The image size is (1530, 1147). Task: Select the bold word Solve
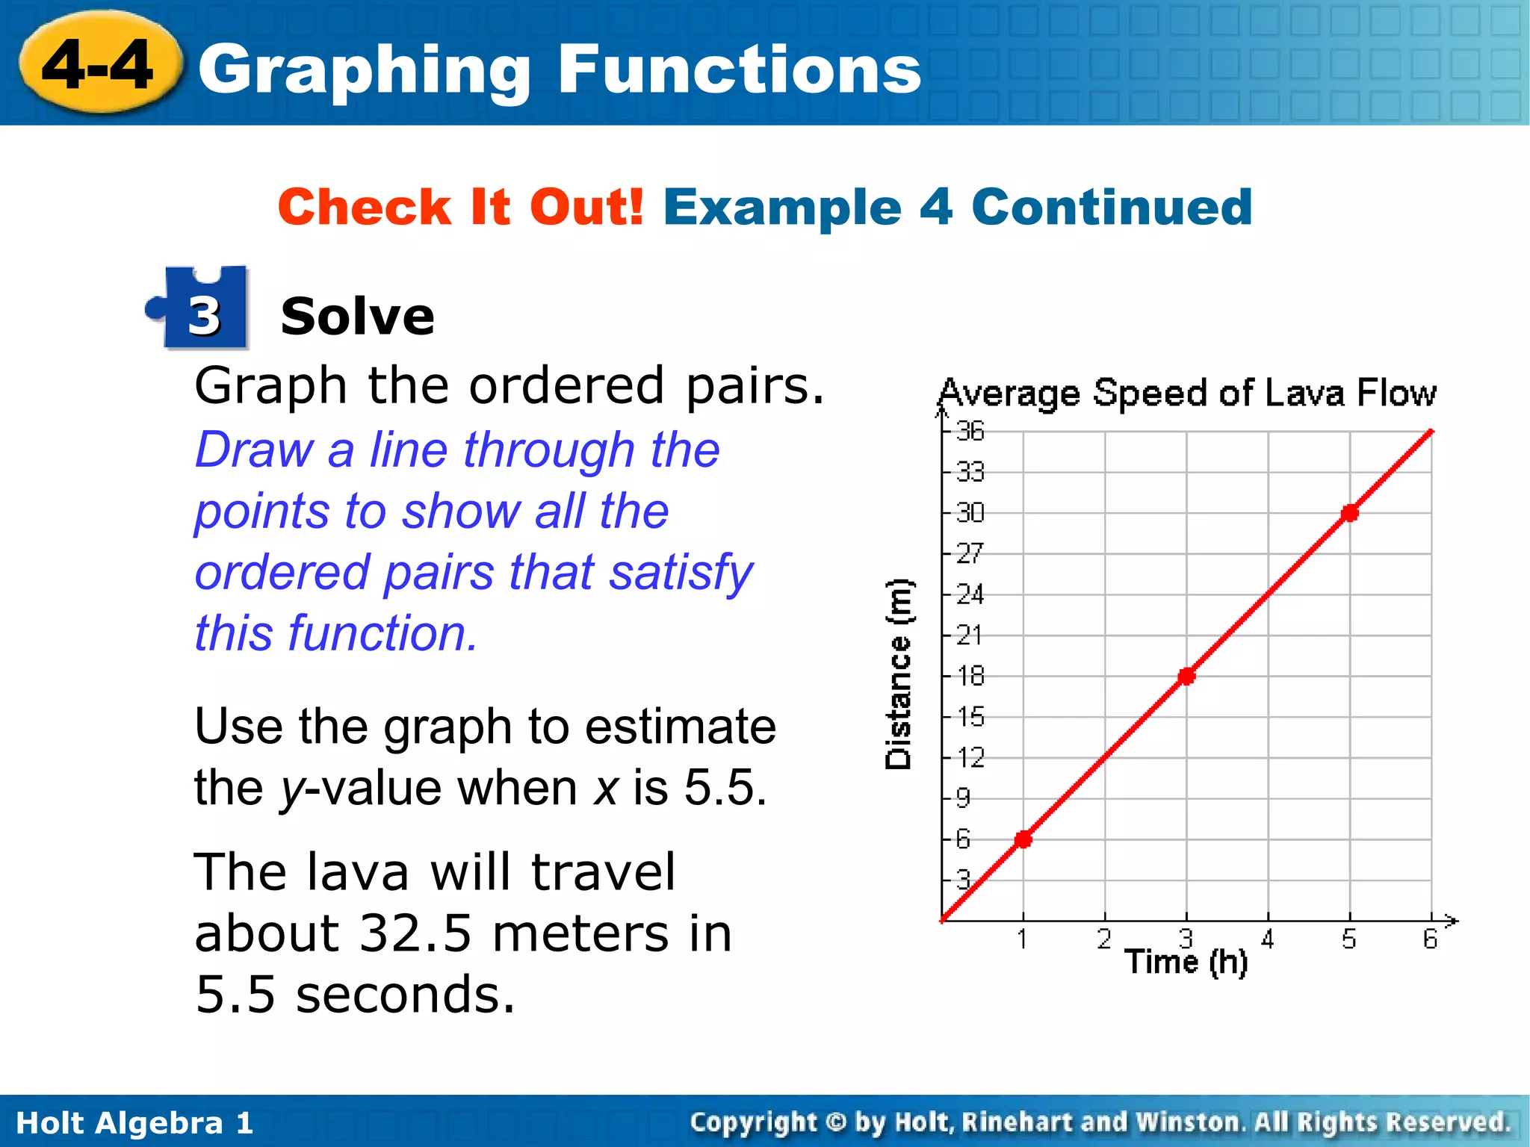pyautogui.click(x=357, y=317)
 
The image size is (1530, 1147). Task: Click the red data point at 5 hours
pyautogui.click(x=1349, y=513)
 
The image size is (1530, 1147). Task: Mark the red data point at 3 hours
pyautogui.click(x=1186, y=677)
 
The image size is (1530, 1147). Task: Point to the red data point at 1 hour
pyautogui.click(x=1023, y=839)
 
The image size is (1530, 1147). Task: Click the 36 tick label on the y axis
pyautogui.click(x=970, y=431)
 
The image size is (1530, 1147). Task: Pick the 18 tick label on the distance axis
pyautogui.click(x=970, y=676)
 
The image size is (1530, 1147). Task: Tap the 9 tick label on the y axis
pyautogui.click(x=964, y=798)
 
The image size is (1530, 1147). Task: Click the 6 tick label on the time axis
pyautogui.click(x=1430, y=939)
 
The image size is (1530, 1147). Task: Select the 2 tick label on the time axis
pyautogui.click(x=1104, y=939)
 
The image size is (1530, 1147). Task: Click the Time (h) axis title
pyautogui.click(x=1186, y=962)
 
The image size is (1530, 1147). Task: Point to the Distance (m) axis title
pyautogui.click(x=898, y=674)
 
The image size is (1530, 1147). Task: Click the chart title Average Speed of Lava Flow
pyautogui.click(x=1186, y=393)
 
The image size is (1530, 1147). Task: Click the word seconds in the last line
pyautogui.click(x=405, y=995)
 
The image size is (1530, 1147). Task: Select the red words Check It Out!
pyautogui.click(x=460, y=207)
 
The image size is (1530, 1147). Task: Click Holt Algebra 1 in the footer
pyautogui.click(x=134, y=1123)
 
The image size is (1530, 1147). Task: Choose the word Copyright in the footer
pyautogui.click(x=753, y=1122)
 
